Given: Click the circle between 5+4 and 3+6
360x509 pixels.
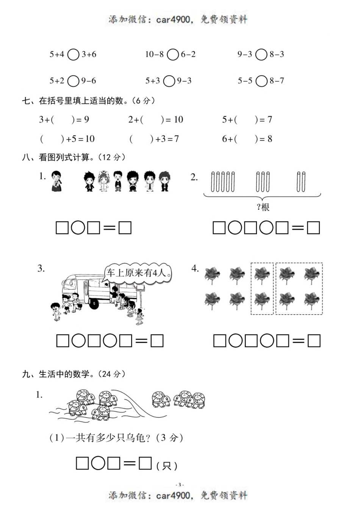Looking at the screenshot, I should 73,55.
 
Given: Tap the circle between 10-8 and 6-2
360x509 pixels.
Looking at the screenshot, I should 172,55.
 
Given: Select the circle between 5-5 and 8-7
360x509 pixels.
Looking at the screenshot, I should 261,81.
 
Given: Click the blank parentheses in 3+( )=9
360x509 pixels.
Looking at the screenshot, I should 63,120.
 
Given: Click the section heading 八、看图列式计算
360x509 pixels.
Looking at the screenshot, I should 74,157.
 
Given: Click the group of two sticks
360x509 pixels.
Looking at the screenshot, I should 301,182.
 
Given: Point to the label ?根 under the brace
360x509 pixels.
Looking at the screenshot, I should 263,207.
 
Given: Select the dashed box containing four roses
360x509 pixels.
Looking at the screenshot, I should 299,289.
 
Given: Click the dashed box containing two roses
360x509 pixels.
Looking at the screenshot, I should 262,289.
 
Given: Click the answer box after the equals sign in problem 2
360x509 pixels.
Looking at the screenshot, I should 313,228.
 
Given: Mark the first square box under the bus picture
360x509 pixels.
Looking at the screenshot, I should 63,341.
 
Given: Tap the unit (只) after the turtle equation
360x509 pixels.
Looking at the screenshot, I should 167,465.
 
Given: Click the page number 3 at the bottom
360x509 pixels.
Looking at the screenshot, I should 180,484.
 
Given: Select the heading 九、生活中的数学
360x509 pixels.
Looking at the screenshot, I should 74,374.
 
